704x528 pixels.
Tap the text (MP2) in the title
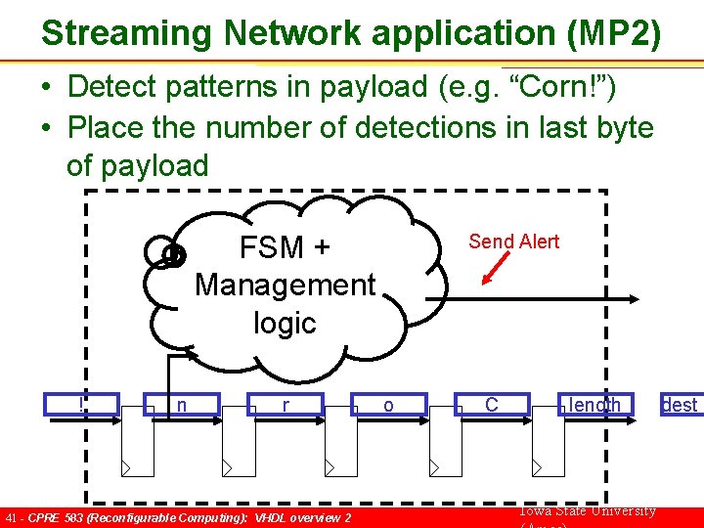pyautogui.click(x=613, y=33)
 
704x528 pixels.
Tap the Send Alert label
pyautogui.click(x=513, y=242)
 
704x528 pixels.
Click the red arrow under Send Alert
pyautogui.click(x=498, y=267)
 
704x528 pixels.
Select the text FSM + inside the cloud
pyautogui.click(x=285, y=247)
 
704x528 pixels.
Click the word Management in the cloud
pyautogui.click(x=285, y=285)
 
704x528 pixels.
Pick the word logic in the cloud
pyautogui.click(x=285, y=323)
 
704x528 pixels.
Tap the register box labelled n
pyautogui.click(x=183, y=405)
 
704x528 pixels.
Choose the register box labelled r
pyautogui.click(x=285, y=405)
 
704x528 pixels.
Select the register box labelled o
pyautogui.click(x=388, y=405)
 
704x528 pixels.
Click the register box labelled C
pyautogui.click(x=492, y=405)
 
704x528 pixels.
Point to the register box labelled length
pyautogui.click(x=594, y=405)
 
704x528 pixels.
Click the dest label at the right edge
pyautogui.click(x=680, y=405)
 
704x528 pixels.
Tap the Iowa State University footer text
pyautogui.click(x=585, y=510)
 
